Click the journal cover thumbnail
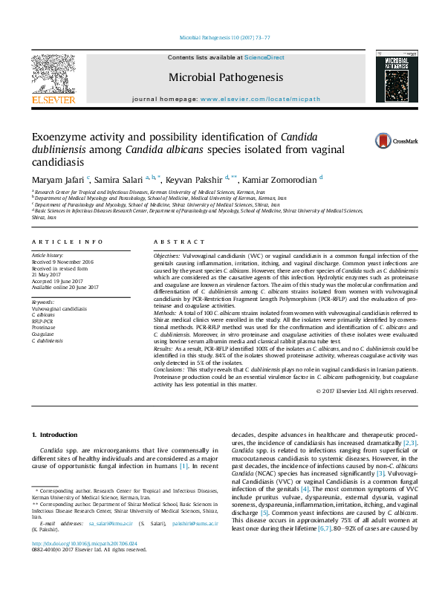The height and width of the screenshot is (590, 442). tap(391, 77)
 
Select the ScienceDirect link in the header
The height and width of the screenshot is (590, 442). tap(264, 57)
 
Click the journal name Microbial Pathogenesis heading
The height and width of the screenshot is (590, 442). tap(215, 77)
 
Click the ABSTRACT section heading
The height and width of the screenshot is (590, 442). tap(179, 242)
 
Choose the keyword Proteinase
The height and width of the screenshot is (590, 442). tap(43, 327)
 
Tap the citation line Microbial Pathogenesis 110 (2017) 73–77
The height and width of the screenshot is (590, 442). tap(221, 37)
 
